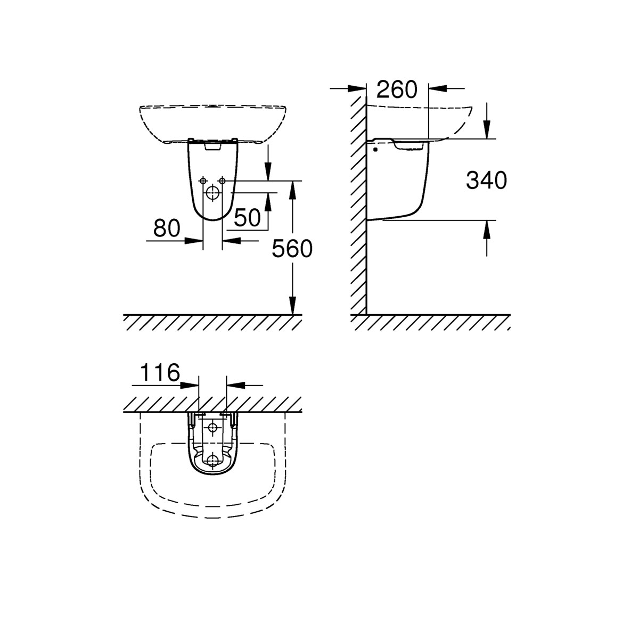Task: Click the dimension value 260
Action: click(x=397, y=89)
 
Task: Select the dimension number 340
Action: click(x=486, y=181)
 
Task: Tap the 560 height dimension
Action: click(x=292, y=248)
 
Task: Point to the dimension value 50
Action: click(x=247, y=218)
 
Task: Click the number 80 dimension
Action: click(x=167, y=228)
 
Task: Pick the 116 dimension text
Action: click(x=160, y=372)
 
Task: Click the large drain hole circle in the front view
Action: click(x=212, y=192)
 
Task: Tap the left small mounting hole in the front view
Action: click(x=202, y=181)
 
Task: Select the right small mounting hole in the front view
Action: click(x=222, y=181)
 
